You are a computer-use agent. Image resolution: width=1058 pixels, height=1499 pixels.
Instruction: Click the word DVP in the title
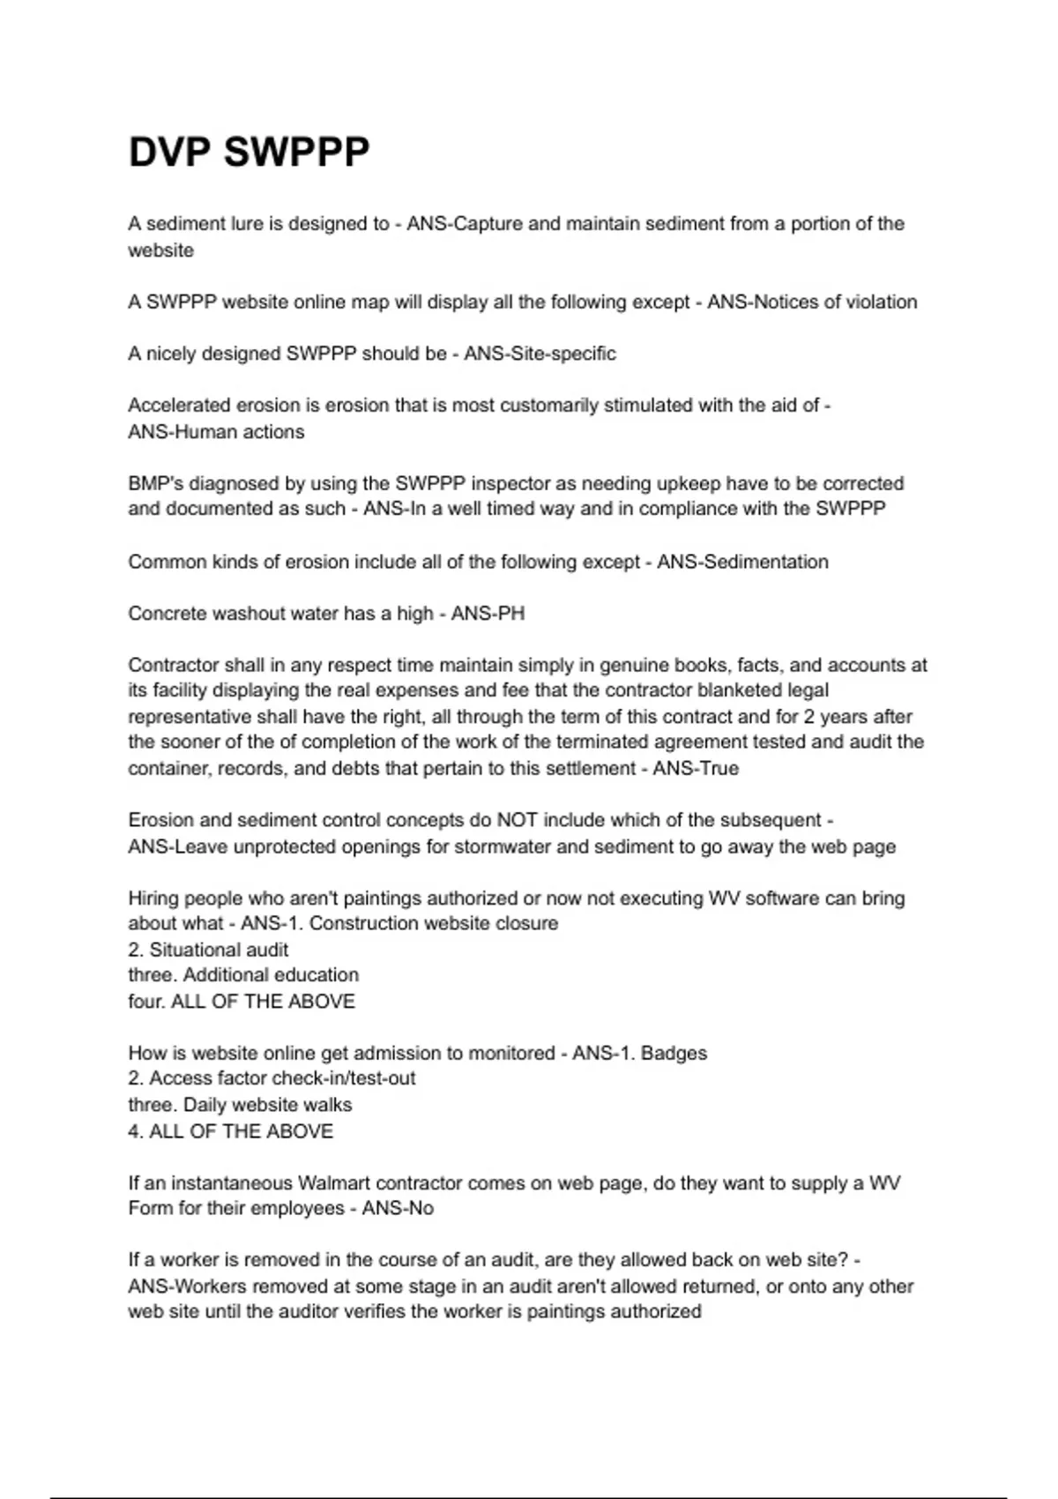click(x=170, y=153)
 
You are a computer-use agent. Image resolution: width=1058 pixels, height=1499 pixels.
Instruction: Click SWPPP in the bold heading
click(x=296, y=153)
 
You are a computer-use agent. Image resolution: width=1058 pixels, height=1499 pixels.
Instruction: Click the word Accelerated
click(x=179, y=406)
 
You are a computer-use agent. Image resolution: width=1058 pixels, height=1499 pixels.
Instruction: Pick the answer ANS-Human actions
click(x=216, y=432)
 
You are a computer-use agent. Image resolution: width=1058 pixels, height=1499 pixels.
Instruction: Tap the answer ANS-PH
click(x=488, y=614)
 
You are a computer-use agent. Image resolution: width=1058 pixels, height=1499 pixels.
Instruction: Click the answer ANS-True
click(x=696, y=768)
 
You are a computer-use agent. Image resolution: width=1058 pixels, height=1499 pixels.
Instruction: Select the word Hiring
click(x=155, y=899)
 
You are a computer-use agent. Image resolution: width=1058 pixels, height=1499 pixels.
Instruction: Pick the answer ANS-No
click(x=398, y=1208)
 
